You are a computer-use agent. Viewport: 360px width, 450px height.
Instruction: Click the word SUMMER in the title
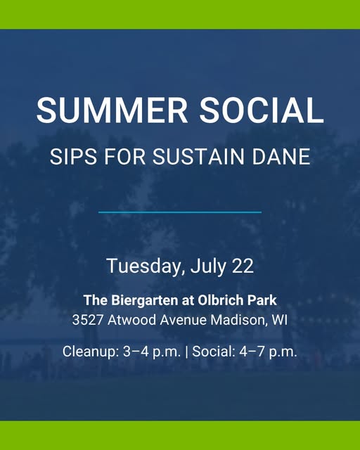[112, 110]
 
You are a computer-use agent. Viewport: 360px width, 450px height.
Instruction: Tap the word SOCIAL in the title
[262, 110]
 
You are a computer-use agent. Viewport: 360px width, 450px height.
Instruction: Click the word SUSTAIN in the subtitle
[198, 157]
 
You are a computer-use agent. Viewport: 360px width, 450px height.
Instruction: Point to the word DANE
[281, 157]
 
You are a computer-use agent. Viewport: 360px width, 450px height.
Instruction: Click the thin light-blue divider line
[180, 212]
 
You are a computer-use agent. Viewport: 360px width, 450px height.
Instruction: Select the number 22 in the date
[243, 266]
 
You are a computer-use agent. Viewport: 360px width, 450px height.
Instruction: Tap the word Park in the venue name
[262, 300]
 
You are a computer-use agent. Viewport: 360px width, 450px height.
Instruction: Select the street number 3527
[88, 320]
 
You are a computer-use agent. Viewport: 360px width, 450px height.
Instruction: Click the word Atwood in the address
[131, 320]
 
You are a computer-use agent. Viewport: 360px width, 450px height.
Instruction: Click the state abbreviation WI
[279, 320]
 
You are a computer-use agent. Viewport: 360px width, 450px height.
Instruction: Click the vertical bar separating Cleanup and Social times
[187, 352]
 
